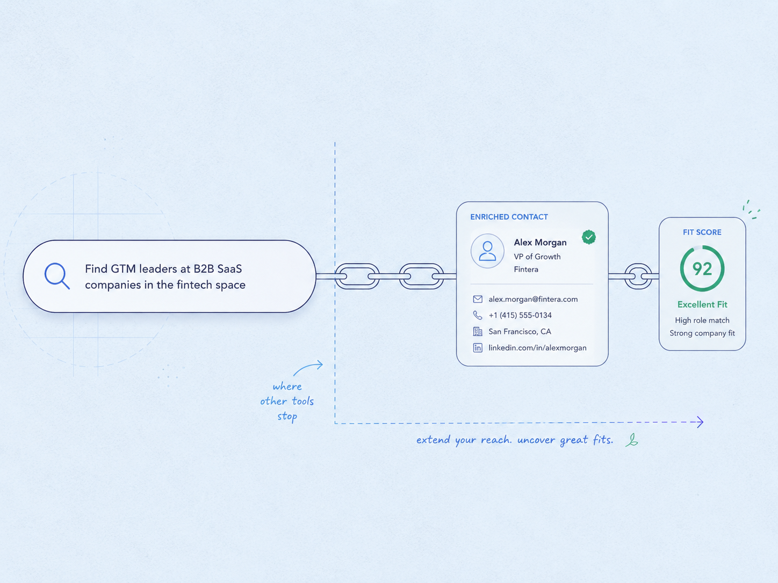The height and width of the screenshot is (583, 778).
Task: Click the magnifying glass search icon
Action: [57, 276]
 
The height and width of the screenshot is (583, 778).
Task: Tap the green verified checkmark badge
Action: [589, 237]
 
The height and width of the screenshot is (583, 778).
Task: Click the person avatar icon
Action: [487, 251]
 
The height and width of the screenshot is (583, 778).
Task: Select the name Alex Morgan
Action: [540, 243]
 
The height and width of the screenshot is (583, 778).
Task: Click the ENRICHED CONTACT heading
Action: [509, 217]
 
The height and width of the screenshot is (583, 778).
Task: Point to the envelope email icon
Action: [478, 299]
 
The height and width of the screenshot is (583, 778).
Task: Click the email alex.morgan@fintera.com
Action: [533, 299]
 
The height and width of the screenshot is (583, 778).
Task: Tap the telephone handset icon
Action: [478, 315]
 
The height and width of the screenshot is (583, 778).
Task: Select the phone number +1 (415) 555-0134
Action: [520, 315]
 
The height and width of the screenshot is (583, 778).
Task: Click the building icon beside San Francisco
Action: [478, 331]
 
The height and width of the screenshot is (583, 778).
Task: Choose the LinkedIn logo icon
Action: [478, 348]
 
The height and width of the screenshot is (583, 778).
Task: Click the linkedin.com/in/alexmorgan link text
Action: [537, 348]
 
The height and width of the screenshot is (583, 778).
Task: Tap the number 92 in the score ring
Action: [702, 269]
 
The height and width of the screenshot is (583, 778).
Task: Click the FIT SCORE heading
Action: [702, 232]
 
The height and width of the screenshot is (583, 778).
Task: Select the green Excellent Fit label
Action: [702, 304]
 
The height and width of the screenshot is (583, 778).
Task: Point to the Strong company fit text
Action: [702, 333]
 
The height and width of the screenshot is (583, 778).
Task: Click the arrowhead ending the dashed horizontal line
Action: [700, 422]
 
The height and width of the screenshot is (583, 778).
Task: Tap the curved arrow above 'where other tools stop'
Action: [308, 367]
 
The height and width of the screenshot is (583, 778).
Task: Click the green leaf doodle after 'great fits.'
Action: [632, 440]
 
